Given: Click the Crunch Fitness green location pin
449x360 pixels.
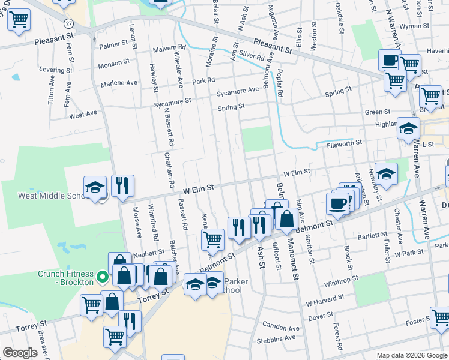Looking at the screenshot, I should click(x=103, y=278).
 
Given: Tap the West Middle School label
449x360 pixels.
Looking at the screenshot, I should click(x=46, y=196).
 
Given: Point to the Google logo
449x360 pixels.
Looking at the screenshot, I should click(x=20, y=352).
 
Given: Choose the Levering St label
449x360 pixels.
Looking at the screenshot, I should click(x=55, y=70).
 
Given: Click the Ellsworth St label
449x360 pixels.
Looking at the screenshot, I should click(x=345, y=143).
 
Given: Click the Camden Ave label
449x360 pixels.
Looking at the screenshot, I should click(x=281, y=328).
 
